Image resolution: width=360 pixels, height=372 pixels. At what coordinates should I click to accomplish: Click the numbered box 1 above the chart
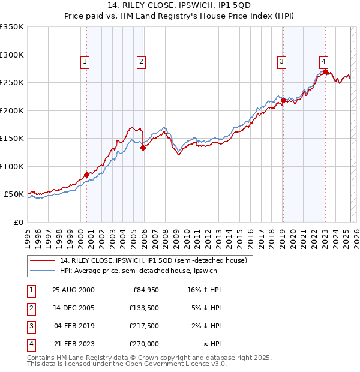pyautogui.click(x=85, y=61)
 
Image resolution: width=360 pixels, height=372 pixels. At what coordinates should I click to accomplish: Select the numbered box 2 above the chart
pyautogui.click(x=140, y=61)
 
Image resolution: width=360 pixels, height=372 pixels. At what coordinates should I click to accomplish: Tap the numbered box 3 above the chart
pyautogui.click(x=281, y=61)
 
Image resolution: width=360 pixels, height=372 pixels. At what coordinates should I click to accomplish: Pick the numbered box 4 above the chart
pyautogui.click(x=323, y=61)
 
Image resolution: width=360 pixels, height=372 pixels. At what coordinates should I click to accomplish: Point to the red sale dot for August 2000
pyautogui.click(x=86, y=175)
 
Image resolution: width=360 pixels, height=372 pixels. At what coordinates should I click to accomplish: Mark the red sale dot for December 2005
pyautogui.click(x=143, y=148)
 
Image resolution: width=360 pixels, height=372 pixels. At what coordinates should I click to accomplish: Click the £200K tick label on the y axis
pyautogui.click(x=12, y=110)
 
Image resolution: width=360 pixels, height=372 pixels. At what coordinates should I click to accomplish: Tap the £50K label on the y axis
pyautogui.click(x=14, y=194)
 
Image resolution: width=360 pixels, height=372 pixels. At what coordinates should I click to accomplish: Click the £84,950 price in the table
pyautogui.click(x=145, y=290)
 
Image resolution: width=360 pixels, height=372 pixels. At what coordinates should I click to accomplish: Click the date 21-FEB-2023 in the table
pyautogui.click(x=74, y=344)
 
